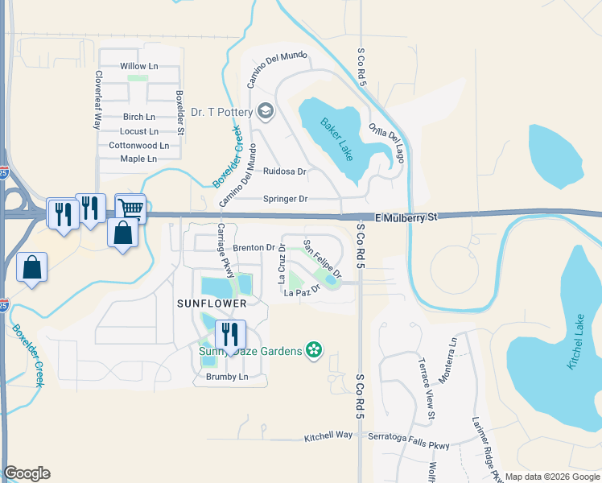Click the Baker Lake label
click(x=337, y=139)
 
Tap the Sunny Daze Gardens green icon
click(x=314, y=350)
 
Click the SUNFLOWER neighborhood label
click(x=211, y=303)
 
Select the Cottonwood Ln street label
click(x=138, y=146)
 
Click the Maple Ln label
click(x=138, y=159)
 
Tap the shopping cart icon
click(x=130, y=207)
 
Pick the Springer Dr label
click(x=286, y=199)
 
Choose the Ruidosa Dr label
click(x=285, y=171)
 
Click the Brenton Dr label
click(x=254, y=247)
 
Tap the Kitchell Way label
click(x=328, y=436)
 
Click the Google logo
click(x=27, y=473)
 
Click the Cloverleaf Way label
click(x=97, y=101)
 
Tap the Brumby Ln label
click(x=226, y=377)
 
